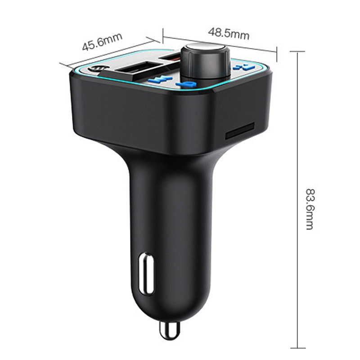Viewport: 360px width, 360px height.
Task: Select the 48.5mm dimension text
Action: pyautogui.click(x=229, y=33)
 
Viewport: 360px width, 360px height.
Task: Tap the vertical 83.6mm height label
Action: pyautogui.click(x=309, y=203)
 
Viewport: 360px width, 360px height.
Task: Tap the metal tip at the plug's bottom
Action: pyautogui.click(x=169, y=331)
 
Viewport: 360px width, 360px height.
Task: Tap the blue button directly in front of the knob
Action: pyautogui.click(x=185, y=84)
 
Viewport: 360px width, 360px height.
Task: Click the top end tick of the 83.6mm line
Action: pyautogui.click(x=297, y=52)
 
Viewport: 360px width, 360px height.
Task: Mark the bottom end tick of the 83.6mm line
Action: pyautogui.click(x=297, y=348)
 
